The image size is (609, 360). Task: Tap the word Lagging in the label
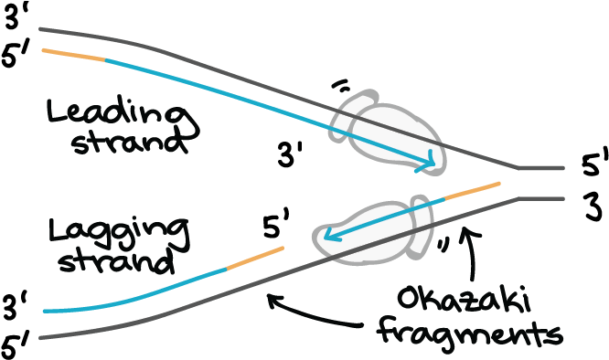coord(121,233)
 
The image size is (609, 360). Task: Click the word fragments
coord(467,330)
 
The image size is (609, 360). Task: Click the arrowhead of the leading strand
coord(428,165)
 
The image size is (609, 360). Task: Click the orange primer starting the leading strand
coord(73,55)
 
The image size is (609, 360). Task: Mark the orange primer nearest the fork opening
coord(472,191)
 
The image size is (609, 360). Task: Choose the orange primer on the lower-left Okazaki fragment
coord(254,258)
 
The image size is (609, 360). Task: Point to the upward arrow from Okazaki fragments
coord(473,256)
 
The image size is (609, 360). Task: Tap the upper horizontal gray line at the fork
coord(541,168)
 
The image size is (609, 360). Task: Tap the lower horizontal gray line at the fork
coord(541,197)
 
